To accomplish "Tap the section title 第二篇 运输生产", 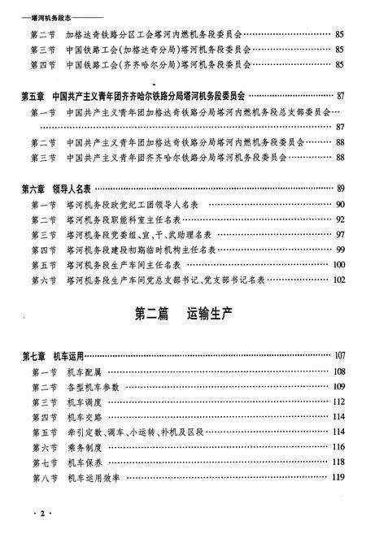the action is (183, 313).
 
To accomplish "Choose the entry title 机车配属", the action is (86, 371).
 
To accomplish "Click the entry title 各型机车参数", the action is (94, 387).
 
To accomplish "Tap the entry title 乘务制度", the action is (86, 448).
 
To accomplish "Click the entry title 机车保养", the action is (86, 462).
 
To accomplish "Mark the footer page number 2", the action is (34, 515).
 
